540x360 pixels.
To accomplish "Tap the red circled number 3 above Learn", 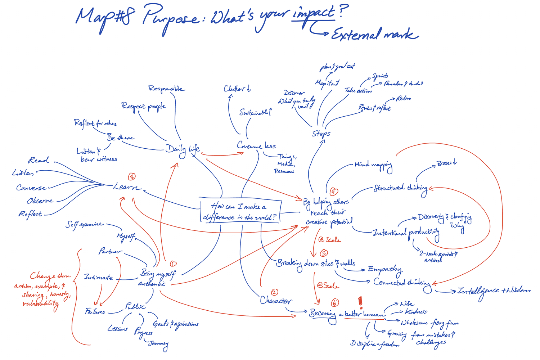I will [132, 176].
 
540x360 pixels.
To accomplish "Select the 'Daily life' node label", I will [183, 149].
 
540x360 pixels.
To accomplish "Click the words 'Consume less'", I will [256, 145].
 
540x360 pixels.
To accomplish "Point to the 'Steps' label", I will [321, 134].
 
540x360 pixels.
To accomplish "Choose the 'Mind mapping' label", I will [373, 165].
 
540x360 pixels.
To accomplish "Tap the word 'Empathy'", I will [384, 269].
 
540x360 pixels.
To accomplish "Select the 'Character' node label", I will [276, 301].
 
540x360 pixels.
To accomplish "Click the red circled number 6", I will [335, 303].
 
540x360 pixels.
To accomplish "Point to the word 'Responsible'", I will [166, 89].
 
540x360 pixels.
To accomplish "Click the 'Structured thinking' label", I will [400, 188].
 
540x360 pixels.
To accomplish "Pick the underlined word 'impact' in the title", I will [313, 14].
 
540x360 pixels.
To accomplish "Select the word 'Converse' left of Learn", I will [31, 188].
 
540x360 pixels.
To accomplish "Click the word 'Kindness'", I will [416, 312].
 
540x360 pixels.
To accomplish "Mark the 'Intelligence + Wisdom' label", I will [494, 291].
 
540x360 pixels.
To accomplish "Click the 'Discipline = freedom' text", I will [375, 344].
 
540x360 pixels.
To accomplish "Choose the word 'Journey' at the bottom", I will [158, 344].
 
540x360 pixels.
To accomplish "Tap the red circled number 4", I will [334, 191].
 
